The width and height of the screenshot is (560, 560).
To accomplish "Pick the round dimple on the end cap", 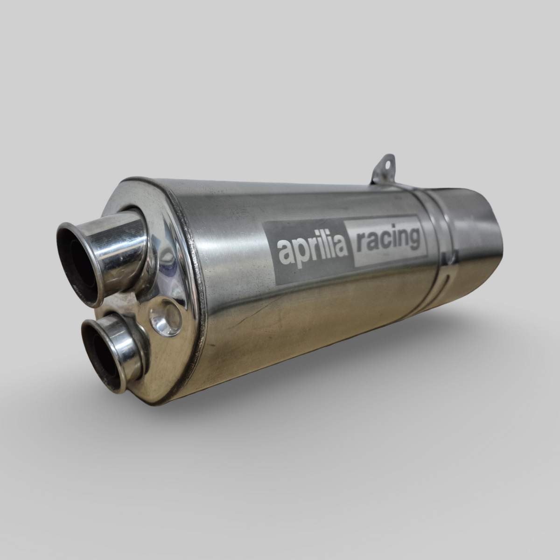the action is pyautogui.click(x=165, y=317).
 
